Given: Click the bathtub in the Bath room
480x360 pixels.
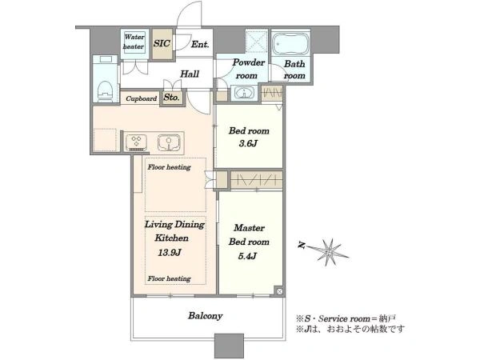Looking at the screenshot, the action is click(290, 43).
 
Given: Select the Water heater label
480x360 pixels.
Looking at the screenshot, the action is click(134, 42).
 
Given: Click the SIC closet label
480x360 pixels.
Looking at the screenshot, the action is click(162, 43).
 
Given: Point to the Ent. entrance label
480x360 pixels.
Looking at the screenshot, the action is click(200, 44).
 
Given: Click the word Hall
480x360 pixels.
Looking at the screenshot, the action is click(190, 74).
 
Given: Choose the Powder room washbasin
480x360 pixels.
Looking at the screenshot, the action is click(244, 93).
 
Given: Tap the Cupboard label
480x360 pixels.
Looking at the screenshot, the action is click(142, 98).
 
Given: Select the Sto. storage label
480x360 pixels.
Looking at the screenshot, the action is click(171, 98).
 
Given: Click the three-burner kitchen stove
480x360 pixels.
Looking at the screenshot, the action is click(136, 142).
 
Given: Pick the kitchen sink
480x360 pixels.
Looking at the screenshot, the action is click(169, 142).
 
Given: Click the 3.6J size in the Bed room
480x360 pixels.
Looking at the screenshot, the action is click(248, 143).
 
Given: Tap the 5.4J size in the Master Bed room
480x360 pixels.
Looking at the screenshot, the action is click(247, 256).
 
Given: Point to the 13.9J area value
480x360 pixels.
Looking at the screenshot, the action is click(170, 253).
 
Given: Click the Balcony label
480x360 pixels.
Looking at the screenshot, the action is click(205, 316).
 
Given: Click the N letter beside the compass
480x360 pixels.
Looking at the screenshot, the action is click(302, 245).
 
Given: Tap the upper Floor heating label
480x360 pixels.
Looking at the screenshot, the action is click(169, 167).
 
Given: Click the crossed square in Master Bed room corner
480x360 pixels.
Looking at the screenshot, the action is click(279, 291).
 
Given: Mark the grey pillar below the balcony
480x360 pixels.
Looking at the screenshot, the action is click(229, 346).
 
